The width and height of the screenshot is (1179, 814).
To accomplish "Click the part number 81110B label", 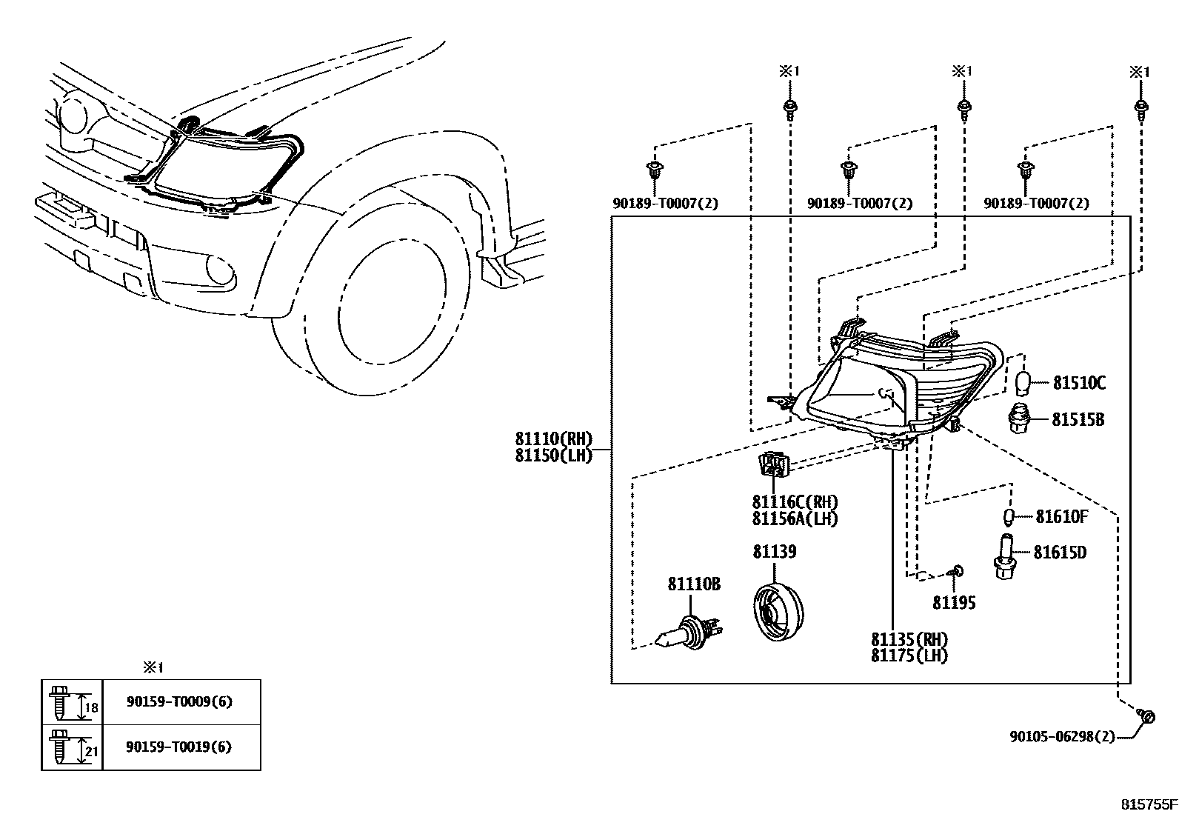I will (x=693, y=584).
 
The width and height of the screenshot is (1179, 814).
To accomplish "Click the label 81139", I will (x=775, y=552).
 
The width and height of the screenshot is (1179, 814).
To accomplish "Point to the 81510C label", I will (x=1079, y=383).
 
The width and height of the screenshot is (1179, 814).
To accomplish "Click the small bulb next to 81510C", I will (x=1023, y=382).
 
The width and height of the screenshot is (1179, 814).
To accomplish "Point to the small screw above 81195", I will (x=957, y=570).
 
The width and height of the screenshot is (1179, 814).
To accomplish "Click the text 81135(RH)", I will (x=909, y=639).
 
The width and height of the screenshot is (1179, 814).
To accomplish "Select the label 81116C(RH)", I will (x=795, y=502).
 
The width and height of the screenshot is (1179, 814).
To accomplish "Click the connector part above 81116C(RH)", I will (x=773, y=464).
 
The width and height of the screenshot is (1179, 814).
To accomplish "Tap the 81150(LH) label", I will (x=554, y=456).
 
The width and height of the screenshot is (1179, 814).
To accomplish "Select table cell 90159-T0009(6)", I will (x=179, y=701).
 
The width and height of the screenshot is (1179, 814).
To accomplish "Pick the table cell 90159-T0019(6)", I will (x=179, y=747).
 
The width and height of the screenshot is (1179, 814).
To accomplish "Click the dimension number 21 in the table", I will (x=91, y=752).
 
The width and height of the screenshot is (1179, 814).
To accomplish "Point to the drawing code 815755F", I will (x=1147, y=803).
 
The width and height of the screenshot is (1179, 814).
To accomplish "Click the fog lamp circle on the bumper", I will (x=219, y=269).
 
